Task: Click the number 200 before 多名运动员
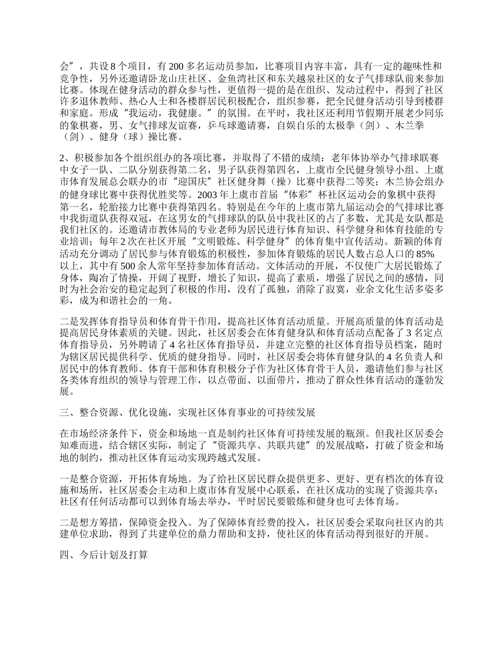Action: pyautogui.click(x=175, y=67)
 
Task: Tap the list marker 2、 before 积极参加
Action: pyautogui.click(x=65, y=158)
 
